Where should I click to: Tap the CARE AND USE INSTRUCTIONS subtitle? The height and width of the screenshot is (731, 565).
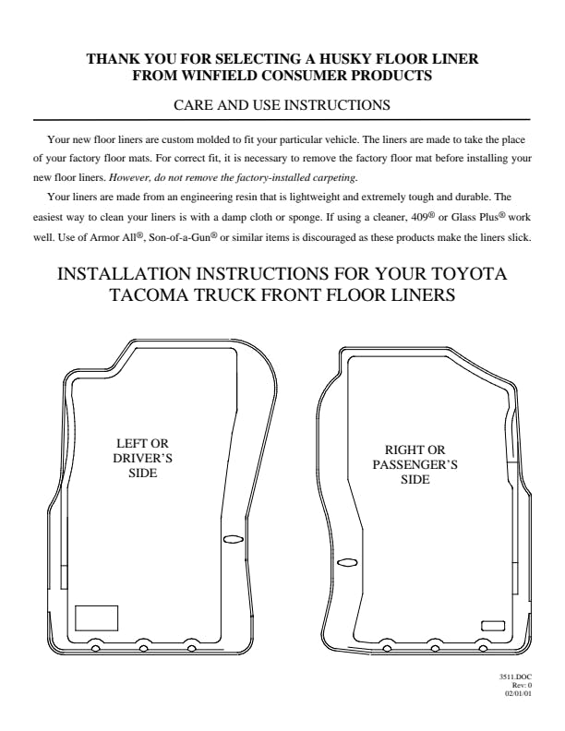pos(282,104)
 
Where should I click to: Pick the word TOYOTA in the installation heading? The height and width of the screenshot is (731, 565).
pos(468,273)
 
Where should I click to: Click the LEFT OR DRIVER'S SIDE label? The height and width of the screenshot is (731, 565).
pos(143,458)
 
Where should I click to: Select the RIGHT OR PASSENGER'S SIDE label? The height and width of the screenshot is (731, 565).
pos(415,464)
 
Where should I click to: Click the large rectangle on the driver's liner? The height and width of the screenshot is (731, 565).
pos(97,618)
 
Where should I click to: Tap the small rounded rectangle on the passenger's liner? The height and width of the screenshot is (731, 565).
pos(493,626)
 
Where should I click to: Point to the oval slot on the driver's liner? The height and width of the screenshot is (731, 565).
pos(233,539)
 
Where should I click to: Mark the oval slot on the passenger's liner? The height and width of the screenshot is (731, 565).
pos(347,562)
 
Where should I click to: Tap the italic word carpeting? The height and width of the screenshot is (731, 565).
pos(333,177)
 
